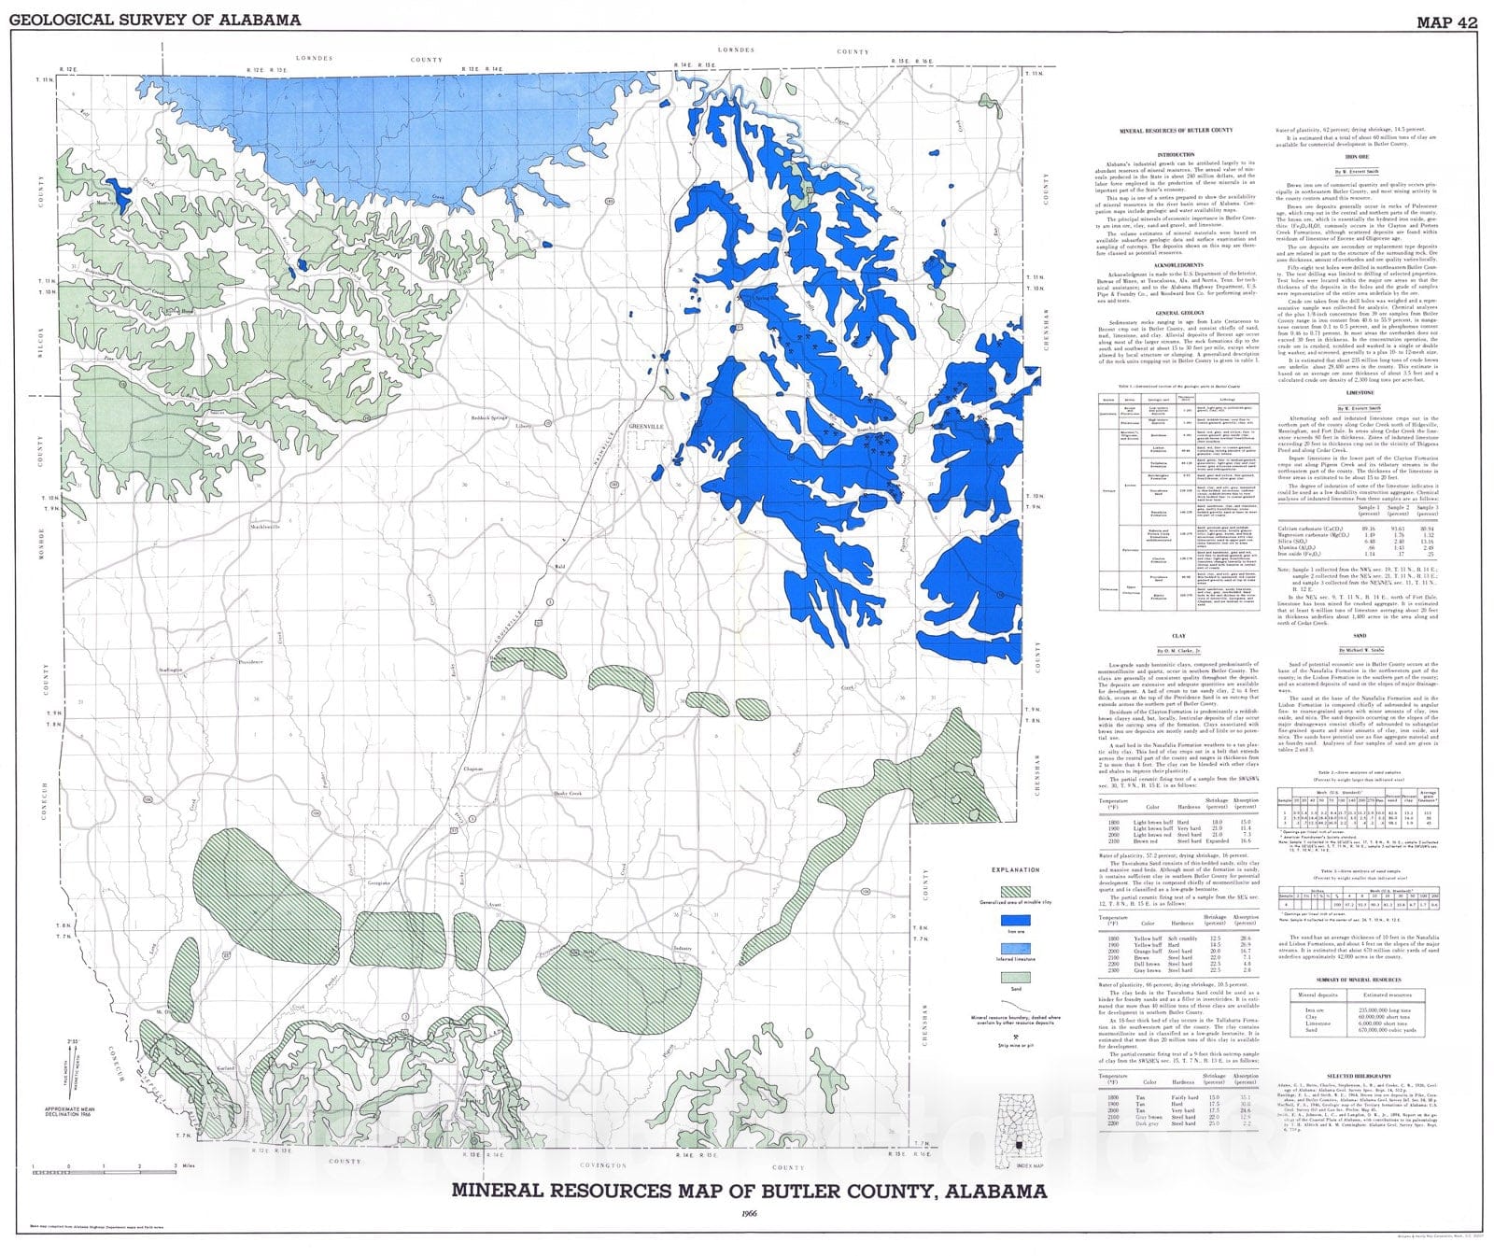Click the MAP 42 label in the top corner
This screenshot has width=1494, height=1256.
(x=1446, y=21)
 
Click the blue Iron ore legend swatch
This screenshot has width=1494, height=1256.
(x=1015, y=919)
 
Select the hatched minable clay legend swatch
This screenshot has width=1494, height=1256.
(x=1015, y=891)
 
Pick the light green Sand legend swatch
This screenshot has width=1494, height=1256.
(x=1015, y=977)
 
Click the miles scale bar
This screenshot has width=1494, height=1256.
(x=103, y=1167)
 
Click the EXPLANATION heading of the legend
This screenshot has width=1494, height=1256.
(x=1015, y=869)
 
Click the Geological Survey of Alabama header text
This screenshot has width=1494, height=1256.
(x=155, y=20)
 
